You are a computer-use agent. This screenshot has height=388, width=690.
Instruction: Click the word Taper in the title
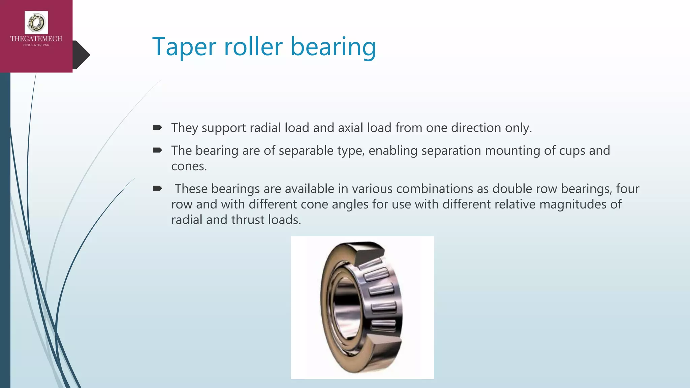coord(184,47)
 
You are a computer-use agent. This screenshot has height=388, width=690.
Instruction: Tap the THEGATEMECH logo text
coord(36,39)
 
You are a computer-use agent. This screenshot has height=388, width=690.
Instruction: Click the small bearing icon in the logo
coord(36,23)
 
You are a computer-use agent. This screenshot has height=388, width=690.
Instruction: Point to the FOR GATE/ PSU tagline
coord(36,45)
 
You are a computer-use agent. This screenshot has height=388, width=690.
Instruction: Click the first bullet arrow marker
coord(157,127)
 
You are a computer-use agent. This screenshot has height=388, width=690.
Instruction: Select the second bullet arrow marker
coord(157,150)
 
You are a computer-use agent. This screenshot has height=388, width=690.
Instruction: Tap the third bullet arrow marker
coord(157,188)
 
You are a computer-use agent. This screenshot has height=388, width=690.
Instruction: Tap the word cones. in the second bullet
coord(189,166)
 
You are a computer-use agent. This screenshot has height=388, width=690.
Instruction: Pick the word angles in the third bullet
coord(350,204)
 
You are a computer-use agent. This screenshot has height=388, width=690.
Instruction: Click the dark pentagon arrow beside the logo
coord(82,55)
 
